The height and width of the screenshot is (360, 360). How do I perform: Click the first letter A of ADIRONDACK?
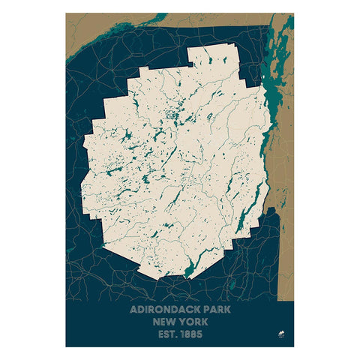click(x=133, y=308)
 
